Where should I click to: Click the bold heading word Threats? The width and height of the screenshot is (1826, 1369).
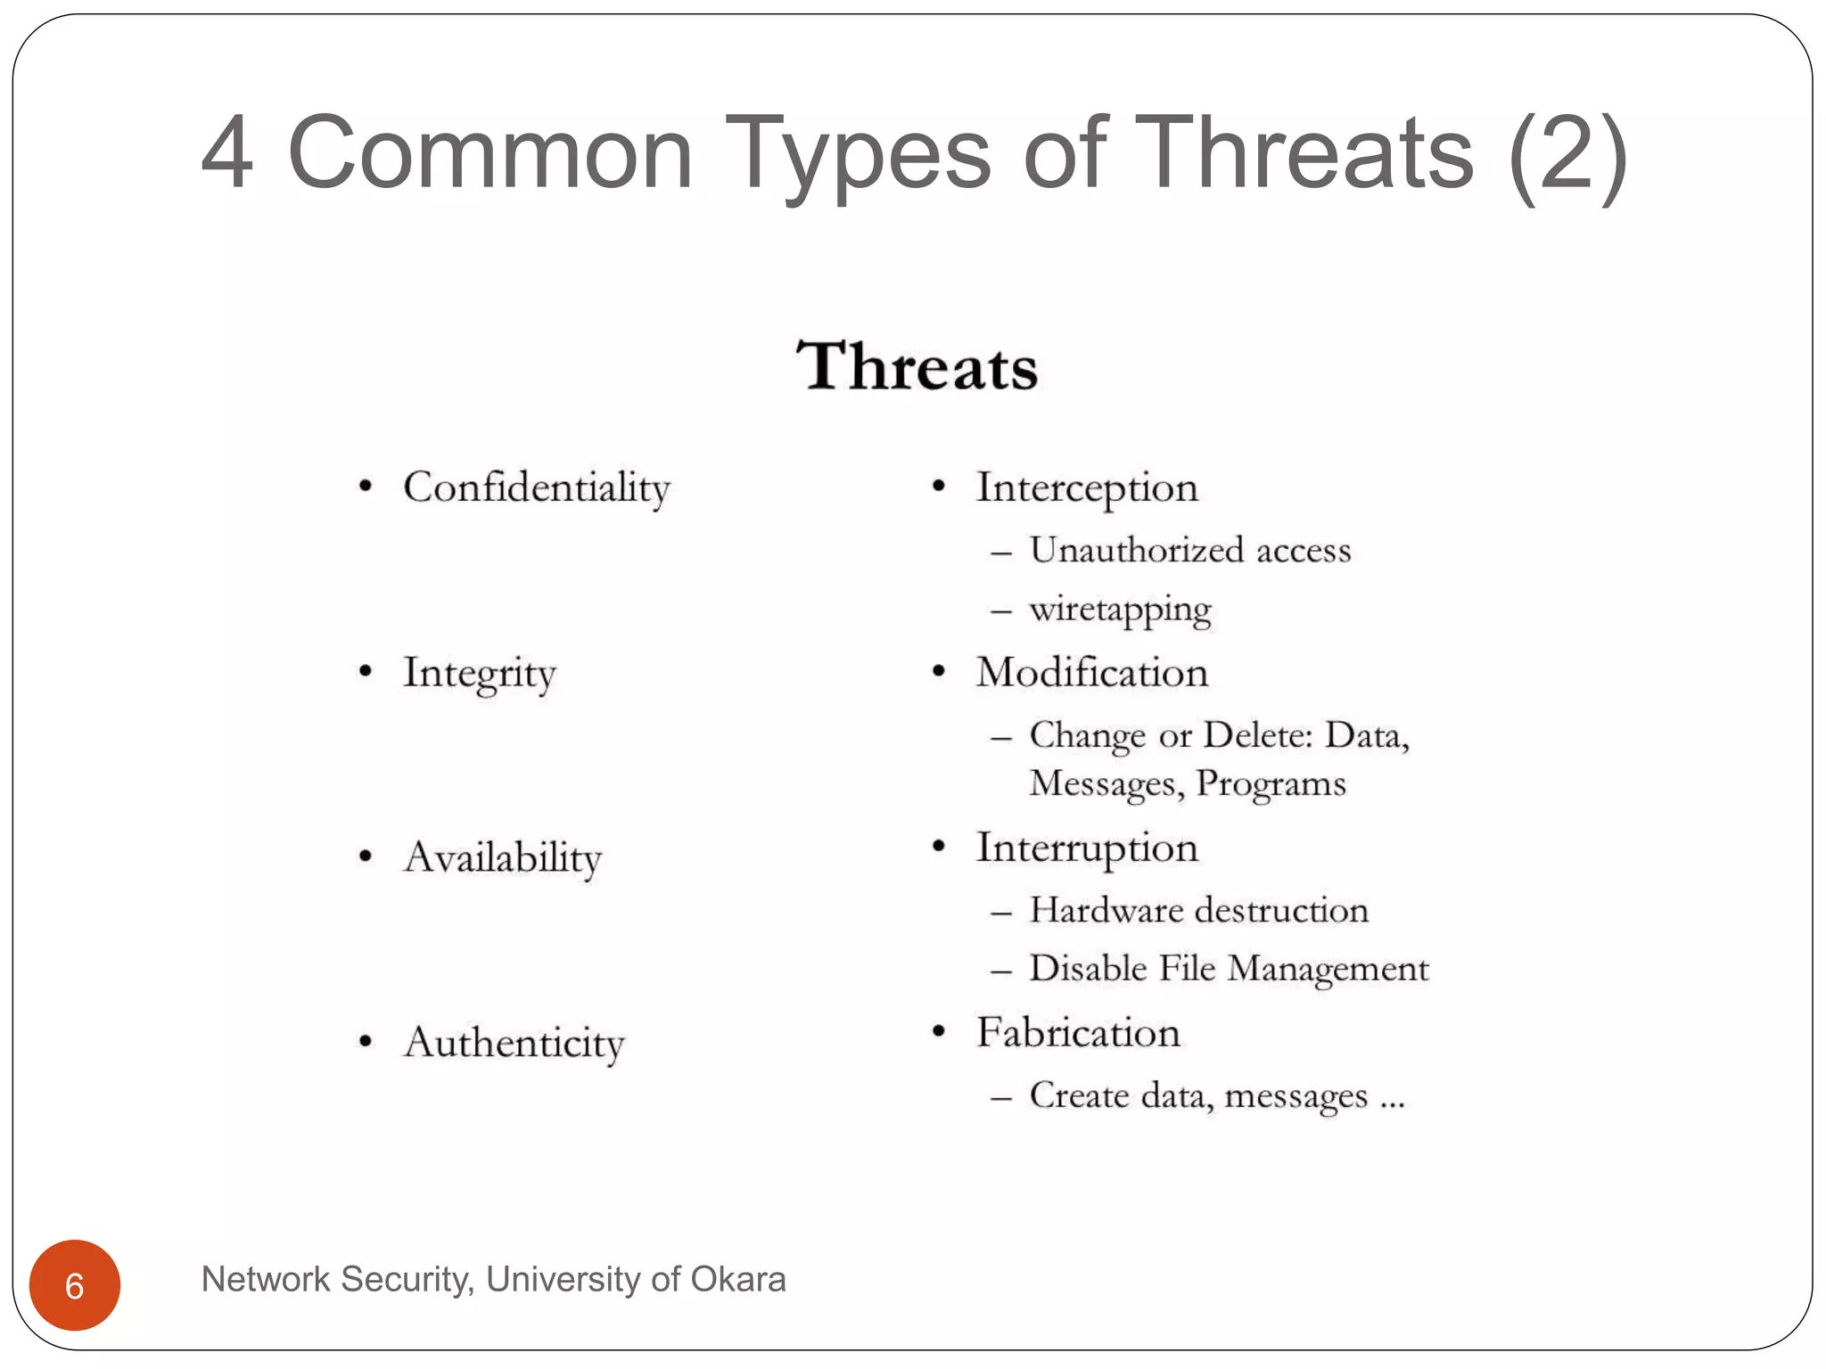[917, 367]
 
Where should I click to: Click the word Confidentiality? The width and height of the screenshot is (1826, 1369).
[536, 488]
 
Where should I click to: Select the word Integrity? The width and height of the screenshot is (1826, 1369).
[479, 674]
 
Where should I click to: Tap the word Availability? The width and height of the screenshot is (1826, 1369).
[502, 858]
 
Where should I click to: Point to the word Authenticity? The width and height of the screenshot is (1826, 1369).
[514, 1043]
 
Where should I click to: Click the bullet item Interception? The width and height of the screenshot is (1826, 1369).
[1086, 488]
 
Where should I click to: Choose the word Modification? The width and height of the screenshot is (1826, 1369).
[1091, 673]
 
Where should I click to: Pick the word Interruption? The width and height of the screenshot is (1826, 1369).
[1086, 848]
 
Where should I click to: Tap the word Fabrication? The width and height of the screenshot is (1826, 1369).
[1077, 1033]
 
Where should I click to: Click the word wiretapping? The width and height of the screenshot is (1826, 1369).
[1120, 611]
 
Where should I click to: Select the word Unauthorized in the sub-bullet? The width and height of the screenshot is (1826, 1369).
[1136, 550]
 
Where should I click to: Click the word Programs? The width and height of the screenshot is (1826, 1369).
[1271, 784]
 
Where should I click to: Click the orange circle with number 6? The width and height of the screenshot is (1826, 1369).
[75, 1285]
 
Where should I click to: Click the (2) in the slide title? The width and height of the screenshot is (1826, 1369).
[1567, 153]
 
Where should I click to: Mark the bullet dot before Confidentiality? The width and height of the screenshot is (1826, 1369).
[365, 487]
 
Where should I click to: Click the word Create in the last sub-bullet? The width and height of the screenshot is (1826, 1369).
[1079, 1095]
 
